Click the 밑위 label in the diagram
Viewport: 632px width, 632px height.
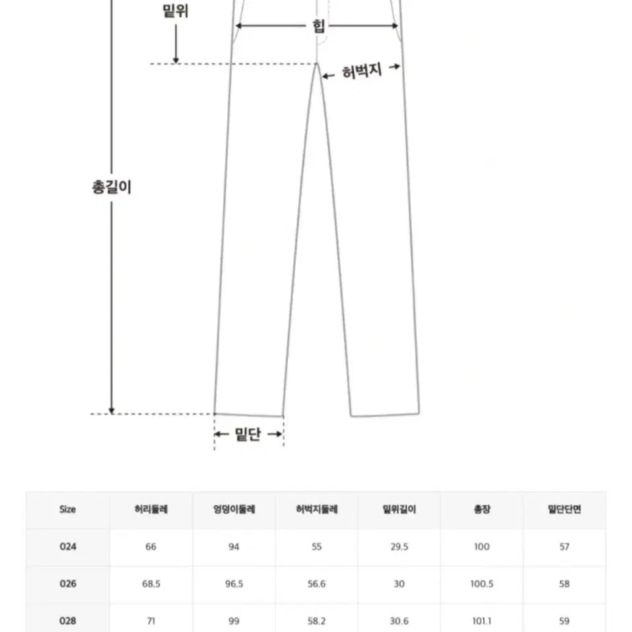click(x=175, y=11)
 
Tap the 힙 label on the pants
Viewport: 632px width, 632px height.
click(x=318, y=26)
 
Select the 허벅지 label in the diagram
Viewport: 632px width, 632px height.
click(x=361, y=71)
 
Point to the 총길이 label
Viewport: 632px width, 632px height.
click(x=112, y=187)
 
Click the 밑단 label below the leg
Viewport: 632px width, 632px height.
click(x=248, y=434)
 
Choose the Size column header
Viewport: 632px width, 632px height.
click(x=67, y=509)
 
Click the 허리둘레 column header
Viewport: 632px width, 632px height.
click(x=151, y=509)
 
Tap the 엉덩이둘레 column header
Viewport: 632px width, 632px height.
click(x=234, y=509)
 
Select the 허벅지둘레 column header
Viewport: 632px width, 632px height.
click(x=316, y=509)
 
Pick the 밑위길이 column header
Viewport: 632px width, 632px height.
click(x=399, y=509)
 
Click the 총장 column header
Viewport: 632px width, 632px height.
click(x=481, y=509)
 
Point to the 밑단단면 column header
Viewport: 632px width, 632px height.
click(x=564, y=509)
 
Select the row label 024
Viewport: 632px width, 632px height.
click(x=68, y=547)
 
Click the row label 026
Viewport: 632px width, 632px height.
click(x=68, y=584)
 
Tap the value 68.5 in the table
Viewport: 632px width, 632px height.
click(x=151, y=584)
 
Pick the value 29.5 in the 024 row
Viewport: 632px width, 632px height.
click(x=399, y=547)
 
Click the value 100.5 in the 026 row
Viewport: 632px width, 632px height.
click(x=481, y=584)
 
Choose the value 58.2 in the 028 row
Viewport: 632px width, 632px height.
click(x=316, y=621)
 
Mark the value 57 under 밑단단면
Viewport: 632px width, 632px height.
click(x=564, y=547)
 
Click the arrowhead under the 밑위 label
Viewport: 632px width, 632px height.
click(x=176, y=61)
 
